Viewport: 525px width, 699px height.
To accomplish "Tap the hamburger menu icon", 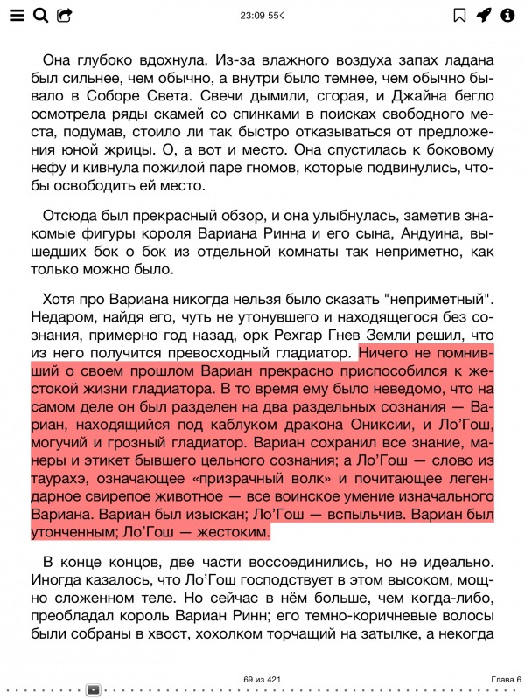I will [17, 15].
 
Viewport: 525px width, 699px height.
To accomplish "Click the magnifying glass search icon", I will [40, 15].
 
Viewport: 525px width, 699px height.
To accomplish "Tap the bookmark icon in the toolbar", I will [459, 15].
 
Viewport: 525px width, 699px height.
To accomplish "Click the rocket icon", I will [483, 15].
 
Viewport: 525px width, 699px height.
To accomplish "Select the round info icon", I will [507, 15].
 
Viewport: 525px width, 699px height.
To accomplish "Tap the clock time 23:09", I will [253, 16].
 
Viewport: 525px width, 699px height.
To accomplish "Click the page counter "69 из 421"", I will [262, 679].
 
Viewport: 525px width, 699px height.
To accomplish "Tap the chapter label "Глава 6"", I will [506, 679].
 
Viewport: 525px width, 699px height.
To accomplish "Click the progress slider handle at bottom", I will [94, 689].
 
